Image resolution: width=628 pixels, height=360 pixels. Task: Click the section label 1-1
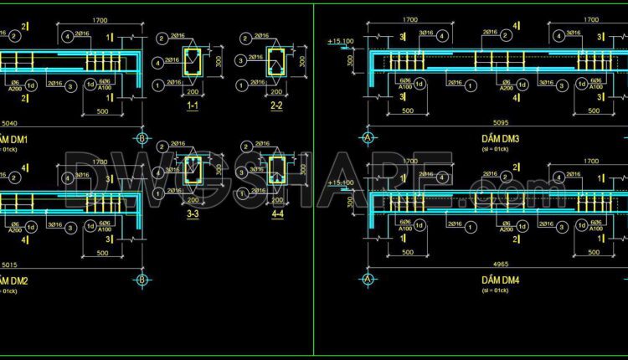pos(192,106)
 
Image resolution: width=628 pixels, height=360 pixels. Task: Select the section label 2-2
pos(275,106)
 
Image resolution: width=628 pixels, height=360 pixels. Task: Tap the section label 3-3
pos(192,215)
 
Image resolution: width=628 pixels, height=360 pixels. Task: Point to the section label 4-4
pos(275,215)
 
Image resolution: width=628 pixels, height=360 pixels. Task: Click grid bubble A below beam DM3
pos(367,138)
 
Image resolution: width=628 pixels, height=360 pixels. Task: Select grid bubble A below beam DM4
pos(367,280)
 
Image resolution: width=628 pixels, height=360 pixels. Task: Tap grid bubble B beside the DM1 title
pos(142,138)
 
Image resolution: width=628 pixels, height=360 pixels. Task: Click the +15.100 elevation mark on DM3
pos(341,40)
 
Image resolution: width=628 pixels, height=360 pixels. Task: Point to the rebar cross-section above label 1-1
pos(192,61)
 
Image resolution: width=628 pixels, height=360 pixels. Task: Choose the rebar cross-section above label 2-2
pos(275,61)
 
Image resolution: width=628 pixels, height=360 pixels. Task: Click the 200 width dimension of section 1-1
pos(192,92)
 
